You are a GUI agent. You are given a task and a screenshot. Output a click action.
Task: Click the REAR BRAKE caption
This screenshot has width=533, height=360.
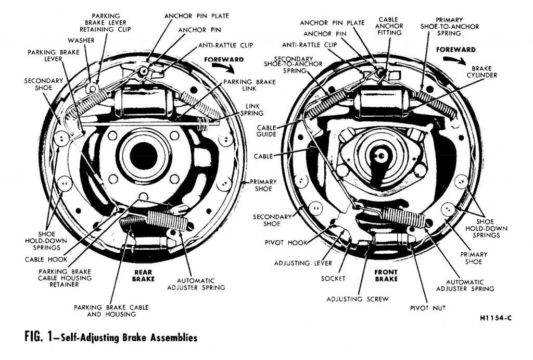143,275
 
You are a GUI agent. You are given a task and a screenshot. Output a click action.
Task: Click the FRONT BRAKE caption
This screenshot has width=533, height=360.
386,275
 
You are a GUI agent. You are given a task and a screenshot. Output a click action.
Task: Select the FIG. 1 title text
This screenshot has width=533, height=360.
111,338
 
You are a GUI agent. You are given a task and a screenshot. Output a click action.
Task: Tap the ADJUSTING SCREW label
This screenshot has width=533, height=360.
357,299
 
